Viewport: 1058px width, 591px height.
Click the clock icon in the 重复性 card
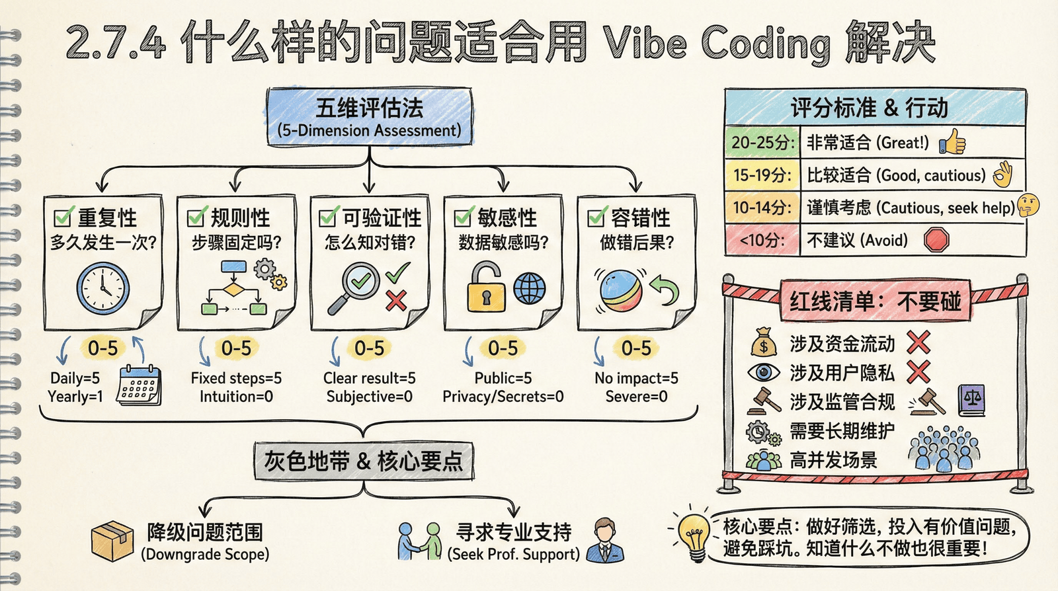point(102,289)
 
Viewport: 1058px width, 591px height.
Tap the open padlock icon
point(486,288)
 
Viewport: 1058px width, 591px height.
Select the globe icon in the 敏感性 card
point(530,288)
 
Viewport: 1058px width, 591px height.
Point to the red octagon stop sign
point(936,239)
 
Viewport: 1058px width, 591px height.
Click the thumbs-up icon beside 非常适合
point(953,141)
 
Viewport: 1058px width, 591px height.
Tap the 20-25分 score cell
point(762,142)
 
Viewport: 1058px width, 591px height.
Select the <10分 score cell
point(762,239)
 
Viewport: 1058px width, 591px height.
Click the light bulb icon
point(694,534)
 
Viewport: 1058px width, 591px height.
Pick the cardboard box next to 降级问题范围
point(112,540)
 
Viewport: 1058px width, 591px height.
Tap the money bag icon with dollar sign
point(764,343)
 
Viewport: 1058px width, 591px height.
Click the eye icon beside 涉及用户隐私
point(764,372)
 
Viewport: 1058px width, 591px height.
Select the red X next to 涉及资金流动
point(918,342)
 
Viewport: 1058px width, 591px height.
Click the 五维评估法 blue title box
point(369,117)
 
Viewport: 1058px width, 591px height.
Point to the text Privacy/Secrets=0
point(503,397)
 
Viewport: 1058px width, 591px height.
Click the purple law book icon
point(971,401)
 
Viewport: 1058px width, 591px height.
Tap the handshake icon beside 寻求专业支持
point(419,540)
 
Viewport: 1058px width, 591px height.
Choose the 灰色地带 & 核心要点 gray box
point(364,461)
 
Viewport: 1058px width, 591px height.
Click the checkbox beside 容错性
point(597,216)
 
